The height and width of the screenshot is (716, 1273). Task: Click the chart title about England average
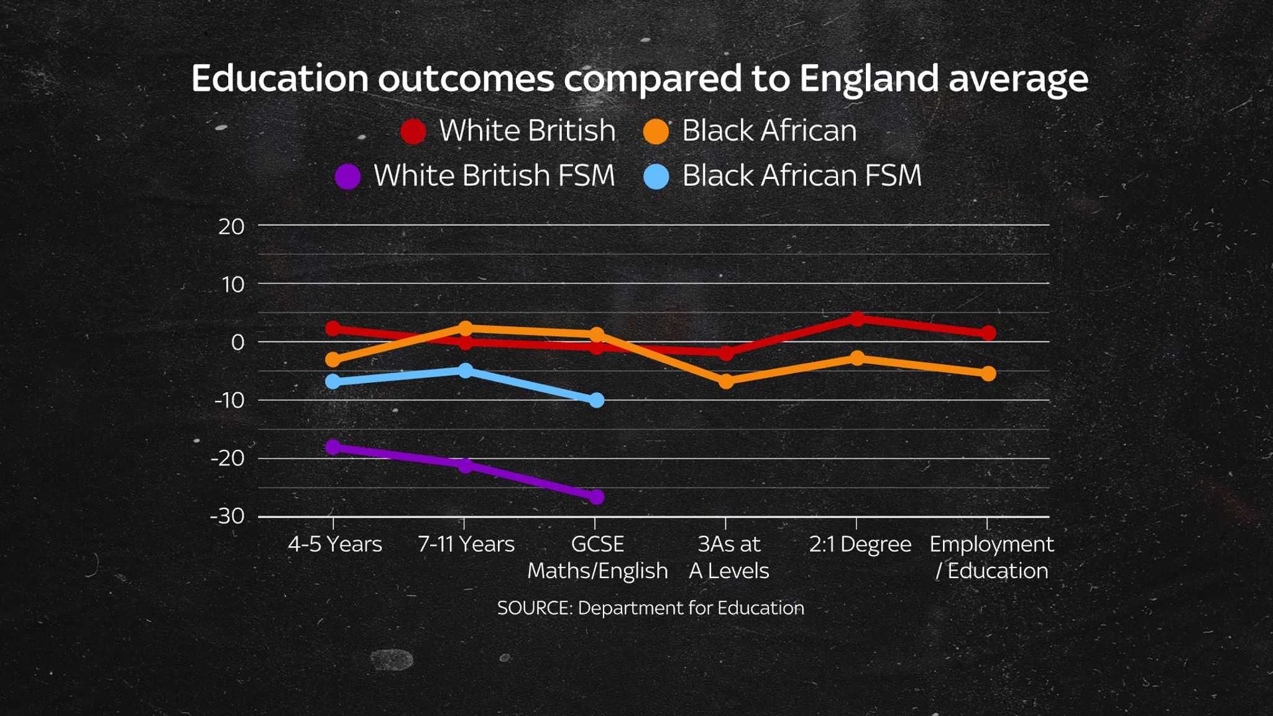pos(639,79)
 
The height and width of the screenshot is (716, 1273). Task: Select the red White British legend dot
pos(413,131)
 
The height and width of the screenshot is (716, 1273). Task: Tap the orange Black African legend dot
pos(656,131)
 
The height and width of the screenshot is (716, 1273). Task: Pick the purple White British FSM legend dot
pos(347,177)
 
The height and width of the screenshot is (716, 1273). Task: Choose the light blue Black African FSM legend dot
pos(656,177)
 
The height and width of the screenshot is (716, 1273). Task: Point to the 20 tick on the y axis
pos(231,227)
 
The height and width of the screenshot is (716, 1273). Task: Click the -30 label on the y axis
pos(227,516)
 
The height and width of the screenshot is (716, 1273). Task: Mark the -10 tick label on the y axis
pos(229,400)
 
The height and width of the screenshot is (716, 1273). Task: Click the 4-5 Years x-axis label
pos(334,544)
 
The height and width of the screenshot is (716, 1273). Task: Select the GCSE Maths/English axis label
pos(597,558)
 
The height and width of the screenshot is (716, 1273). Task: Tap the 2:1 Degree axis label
pos(860,544)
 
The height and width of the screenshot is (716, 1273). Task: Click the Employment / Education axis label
pos(991,558)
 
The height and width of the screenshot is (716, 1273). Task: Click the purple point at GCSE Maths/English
pos(596,497)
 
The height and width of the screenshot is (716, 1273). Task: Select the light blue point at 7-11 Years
pos(466,370)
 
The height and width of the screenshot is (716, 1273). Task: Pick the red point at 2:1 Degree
pos(857,319)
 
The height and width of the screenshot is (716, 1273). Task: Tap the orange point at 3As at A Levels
pos(726,381)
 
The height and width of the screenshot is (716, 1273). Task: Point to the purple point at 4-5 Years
pos(333,447)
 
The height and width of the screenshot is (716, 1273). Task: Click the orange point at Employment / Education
pos(988,374)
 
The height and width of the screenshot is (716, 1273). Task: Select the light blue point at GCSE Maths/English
pos(596,400)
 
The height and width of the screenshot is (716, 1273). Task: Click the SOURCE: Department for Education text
pos(650,608)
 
